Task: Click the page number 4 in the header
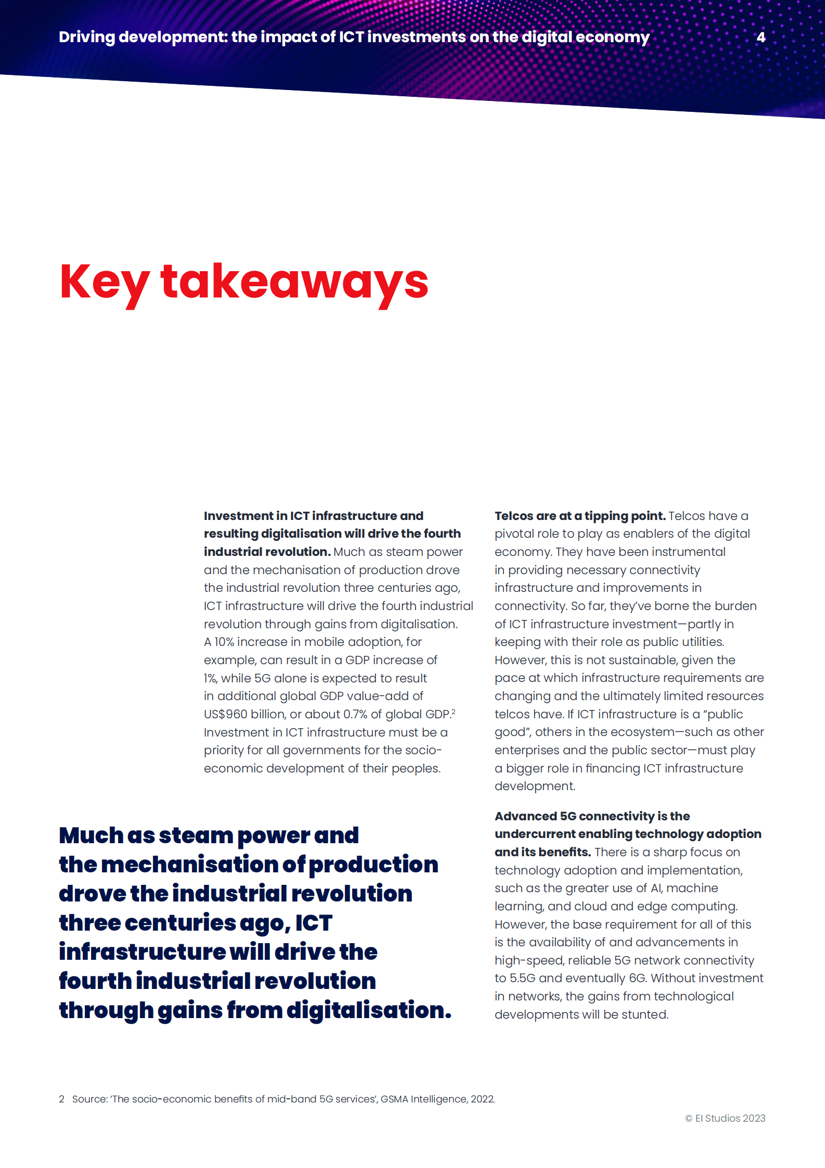(760, 37)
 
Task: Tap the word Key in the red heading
(105, 283)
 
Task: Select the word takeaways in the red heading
(294, 283)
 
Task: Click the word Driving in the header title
(87, 37)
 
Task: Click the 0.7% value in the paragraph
(355, 714)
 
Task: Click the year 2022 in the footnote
(483, 1099)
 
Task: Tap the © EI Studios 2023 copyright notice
(725, 1118)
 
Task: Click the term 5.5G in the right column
(522, 978)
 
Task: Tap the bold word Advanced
(525, 816)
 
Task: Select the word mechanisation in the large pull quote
(189, 865)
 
